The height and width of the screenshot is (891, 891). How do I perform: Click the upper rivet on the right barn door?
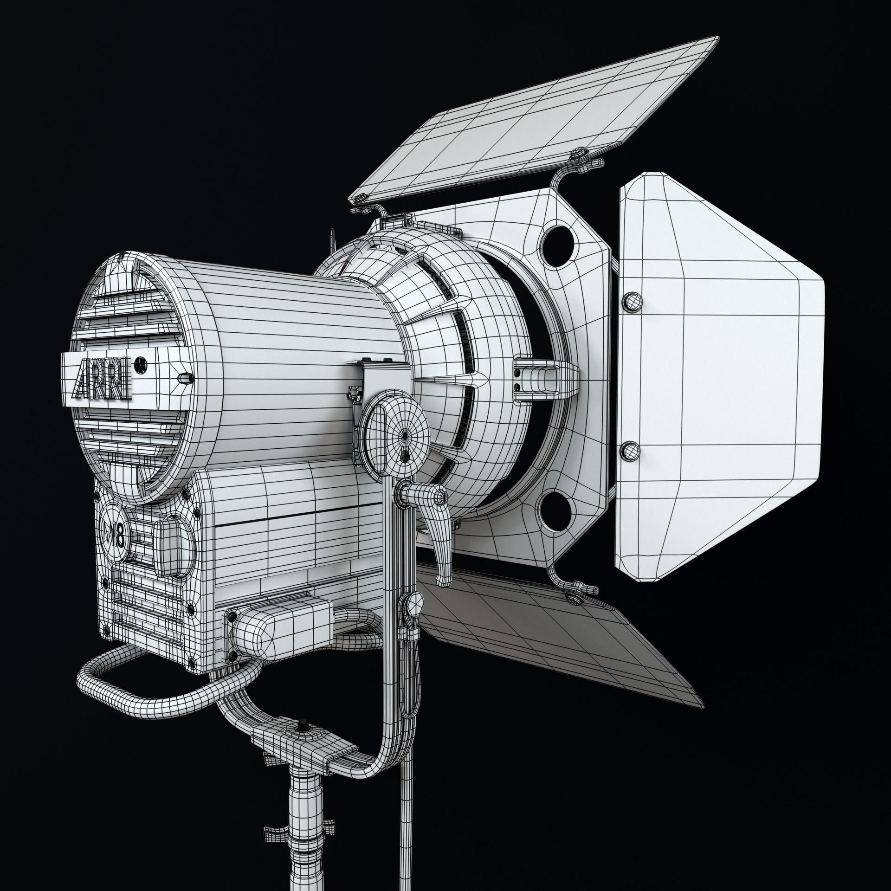point(632,302)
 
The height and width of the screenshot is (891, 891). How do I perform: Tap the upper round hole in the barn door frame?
point(557,241)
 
